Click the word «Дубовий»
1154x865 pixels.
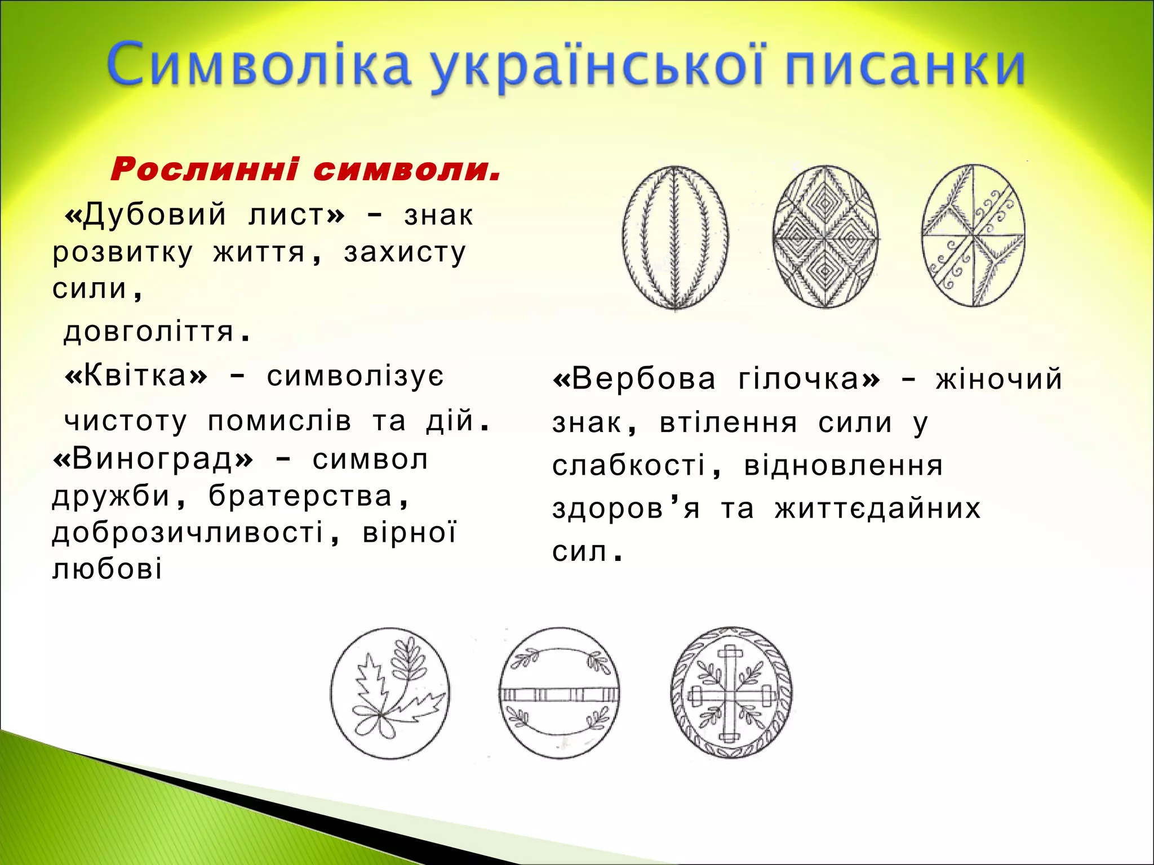154,215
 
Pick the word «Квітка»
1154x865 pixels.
136,376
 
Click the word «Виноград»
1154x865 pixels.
153,460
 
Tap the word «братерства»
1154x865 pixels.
301,497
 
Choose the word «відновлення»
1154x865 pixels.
843,466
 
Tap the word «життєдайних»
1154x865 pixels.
878,509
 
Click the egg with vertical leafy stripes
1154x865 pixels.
675,237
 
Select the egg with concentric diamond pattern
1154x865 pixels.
826,237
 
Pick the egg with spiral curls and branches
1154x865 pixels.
973,236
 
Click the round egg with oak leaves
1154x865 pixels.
390,693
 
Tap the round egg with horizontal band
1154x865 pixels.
559,693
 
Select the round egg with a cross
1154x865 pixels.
731,693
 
